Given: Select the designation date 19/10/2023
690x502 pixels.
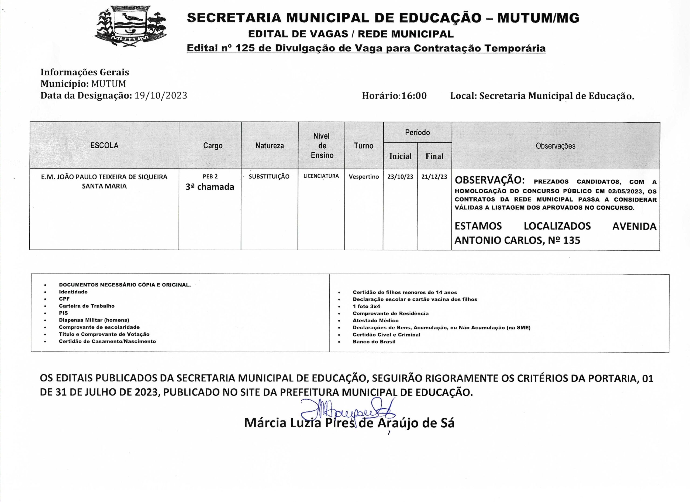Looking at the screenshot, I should tap(161, 95).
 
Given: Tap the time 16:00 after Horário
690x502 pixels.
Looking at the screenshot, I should tap(414, 96).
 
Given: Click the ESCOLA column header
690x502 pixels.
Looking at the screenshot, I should tap(104, 145).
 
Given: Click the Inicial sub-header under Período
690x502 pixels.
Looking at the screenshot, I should tap(400, 156).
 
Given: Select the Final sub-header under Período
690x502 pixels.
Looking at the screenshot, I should tap(434, 156).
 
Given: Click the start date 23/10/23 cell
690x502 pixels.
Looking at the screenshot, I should tap(400, 177).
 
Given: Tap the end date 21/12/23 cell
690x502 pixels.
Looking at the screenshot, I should tap(434, 177).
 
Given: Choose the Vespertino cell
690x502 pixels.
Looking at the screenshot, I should tap(364, 177).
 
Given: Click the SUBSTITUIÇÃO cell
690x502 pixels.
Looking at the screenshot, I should tap(269, 177).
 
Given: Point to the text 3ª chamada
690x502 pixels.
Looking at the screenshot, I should tap(210, 187).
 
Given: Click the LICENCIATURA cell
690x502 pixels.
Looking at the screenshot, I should tap(321, 176).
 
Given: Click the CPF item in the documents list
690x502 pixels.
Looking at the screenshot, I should tap(64, 299).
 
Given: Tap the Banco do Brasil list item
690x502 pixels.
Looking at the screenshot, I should tap(374, 342).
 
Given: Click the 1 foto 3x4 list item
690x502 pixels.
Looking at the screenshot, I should tap(366, 306).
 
